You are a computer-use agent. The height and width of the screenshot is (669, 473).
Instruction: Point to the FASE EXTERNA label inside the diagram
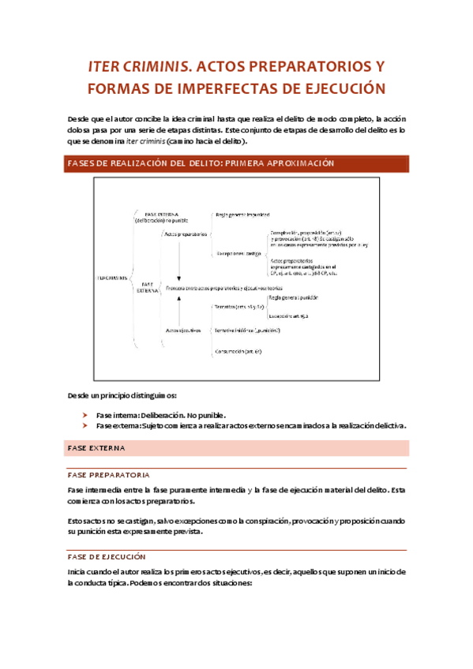148,287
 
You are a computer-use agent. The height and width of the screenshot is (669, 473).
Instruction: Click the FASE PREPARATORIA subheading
108,475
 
